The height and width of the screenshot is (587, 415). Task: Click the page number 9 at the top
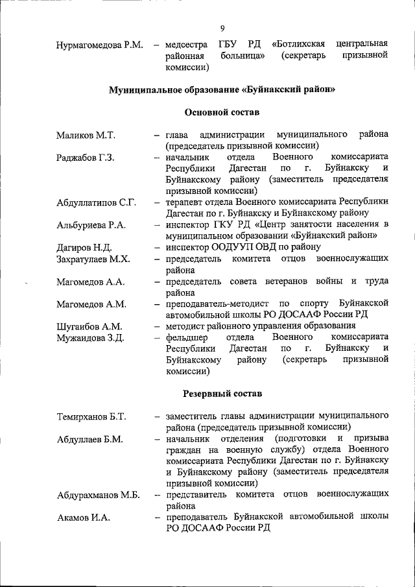(222, 28)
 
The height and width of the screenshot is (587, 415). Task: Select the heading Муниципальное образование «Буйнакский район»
(222, 89)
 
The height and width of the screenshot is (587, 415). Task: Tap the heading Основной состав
(222, 112)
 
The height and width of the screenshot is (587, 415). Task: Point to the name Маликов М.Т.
(85, 135)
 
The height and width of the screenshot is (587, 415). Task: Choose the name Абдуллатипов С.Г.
(96, 203)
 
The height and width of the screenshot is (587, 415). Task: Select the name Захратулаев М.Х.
(93, 259)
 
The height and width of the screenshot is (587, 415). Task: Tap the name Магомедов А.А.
(91, 282)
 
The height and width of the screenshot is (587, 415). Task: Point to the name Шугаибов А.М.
(89, 326)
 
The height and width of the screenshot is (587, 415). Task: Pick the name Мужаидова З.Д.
(90, 338)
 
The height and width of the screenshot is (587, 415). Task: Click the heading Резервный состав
(222, 393)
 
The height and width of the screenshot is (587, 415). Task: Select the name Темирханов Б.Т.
(91, 416)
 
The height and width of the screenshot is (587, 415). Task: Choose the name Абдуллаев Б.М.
(89, 438)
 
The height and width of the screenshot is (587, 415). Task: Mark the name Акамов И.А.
(84, 518)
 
